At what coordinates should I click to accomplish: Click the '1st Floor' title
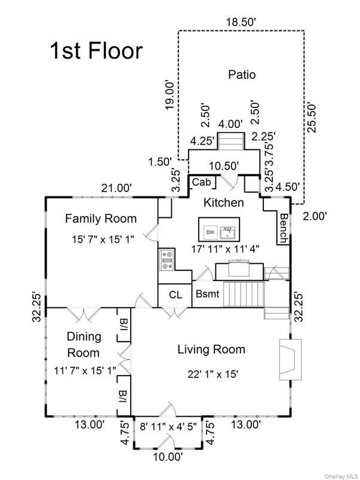[x=96, y=51]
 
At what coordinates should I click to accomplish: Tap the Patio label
[x=242, y=75]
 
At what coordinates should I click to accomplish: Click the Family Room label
[x=101, y=219]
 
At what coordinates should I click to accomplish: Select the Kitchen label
[x=224, y=202]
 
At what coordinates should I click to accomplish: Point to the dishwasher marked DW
[x=210, y=233]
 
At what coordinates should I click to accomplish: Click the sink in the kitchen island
[x=227, y=233]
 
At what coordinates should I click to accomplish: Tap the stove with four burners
[x=167, y=260]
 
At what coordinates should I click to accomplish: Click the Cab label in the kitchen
[x=202, y=182]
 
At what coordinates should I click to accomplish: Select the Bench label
[x=284, y=228]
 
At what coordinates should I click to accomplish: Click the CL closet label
[x=176, y=295]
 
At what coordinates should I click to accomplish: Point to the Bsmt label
[x=208, y=294]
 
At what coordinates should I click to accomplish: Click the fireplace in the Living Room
[x=290, y=359]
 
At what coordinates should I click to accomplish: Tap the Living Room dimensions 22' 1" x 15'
[x=213, y=374]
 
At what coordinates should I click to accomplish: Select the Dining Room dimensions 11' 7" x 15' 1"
[x=85, y=371]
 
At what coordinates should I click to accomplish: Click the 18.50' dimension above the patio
[x=241, y=22]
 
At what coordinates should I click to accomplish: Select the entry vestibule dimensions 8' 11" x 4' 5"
[x=168, y=426]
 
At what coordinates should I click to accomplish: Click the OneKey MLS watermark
[x=341, y=476]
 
